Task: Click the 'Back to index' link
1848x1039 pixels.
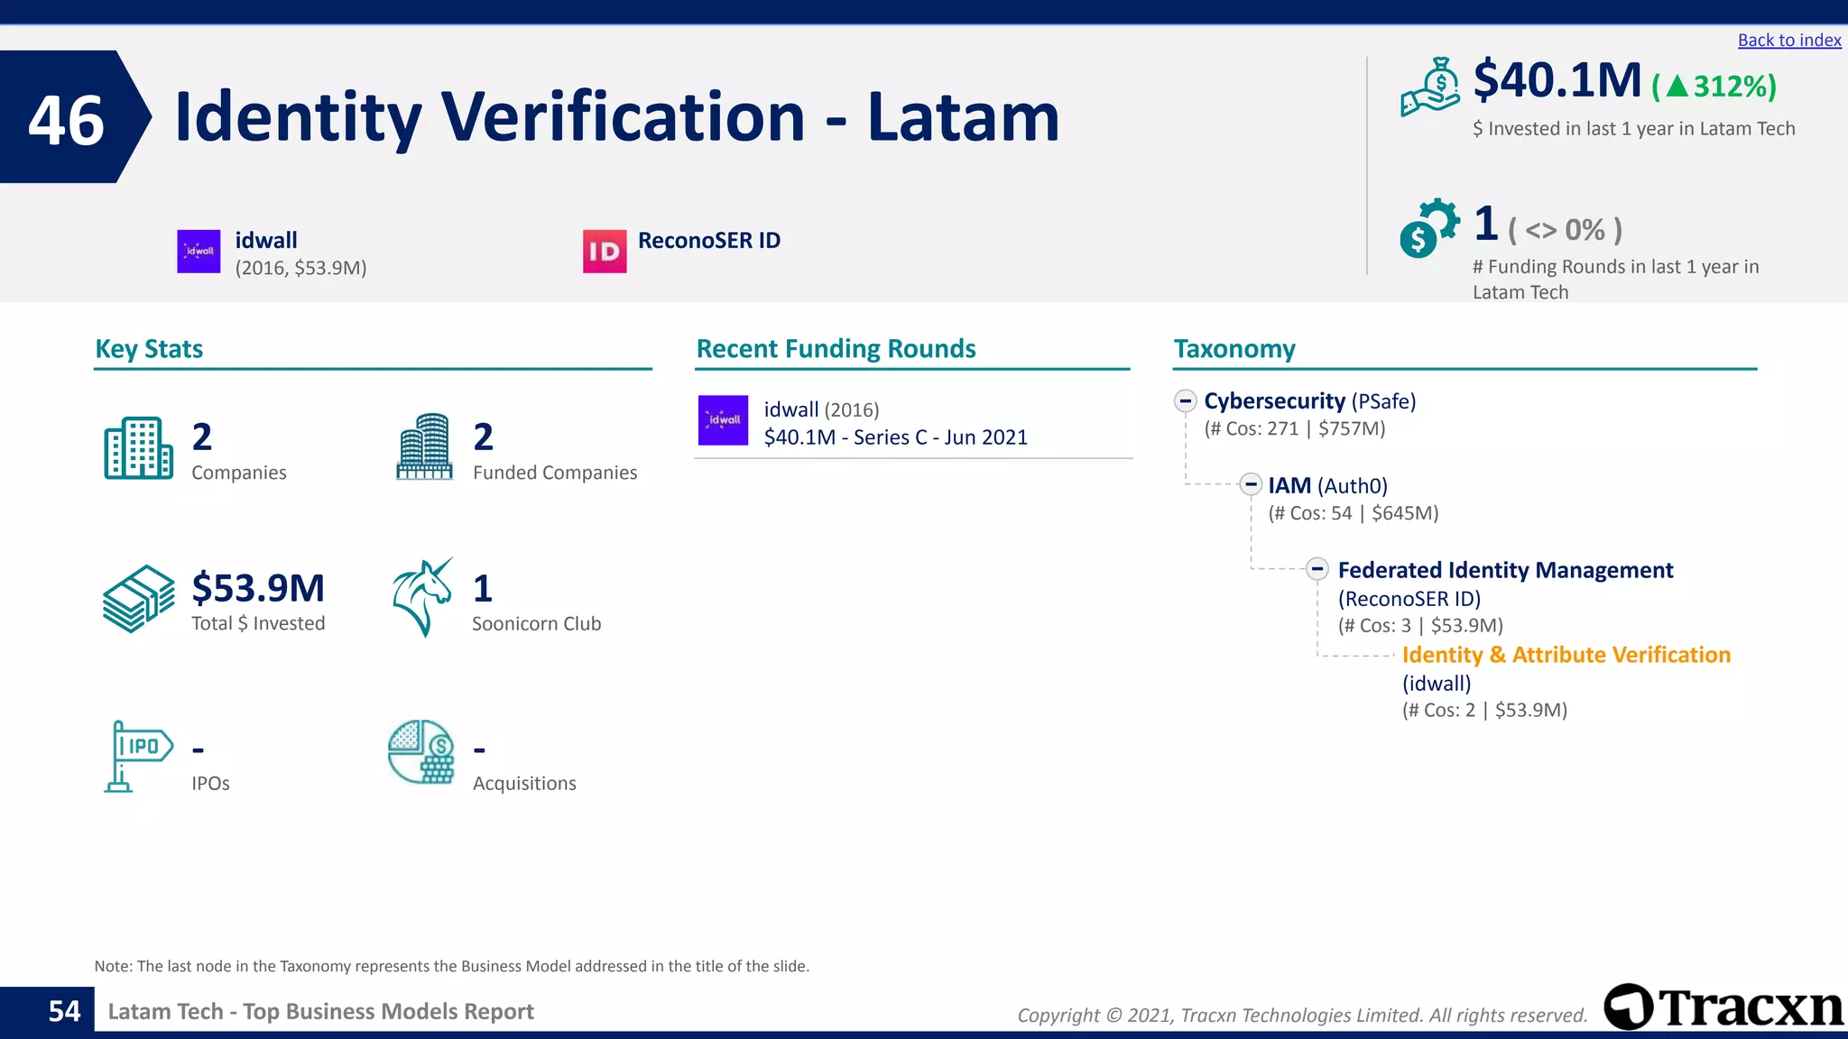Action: click(x=1788, y=41)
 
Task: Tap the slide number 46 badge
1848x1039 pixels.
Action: click(x=67, y=119)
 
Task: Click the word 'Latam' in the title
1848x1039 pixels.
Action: click(x=963, y=117)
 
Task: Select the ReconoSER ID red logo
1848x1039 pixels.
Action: click(x=604, y=252)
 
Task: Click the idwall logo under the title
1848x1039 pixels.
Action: click(x=199, y=251)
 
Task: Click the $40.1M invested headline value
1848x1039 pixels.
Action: click(x=1557, y=81)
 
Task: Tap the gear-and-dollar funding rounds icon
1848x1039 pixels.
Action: click(x=1428, y=228)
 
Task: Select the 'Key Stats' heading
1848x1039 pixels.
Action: click(x=149, y=349)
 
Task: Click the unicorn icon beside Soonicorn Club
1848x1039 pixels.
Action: click(x=421, y=597)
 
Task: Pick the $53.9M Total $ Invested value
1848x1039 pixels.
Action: click(x=258, y=588)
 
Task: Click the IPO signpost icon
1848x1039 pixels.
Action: click(x=137, y=756)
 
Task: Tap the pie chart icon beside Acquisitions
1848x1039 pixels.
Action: click(x=420, y=751)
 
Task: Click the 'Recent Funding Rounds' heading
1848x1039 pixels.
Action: click(x=836, y=349)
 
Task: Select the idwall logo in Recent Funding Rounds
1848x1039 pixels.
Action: click(x=723, y=420)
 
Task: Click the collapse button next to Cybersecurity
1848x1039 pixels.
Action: click(x=1186, y=400)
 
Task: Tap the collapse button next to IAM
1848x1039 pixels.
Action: click(x=1250, y=485)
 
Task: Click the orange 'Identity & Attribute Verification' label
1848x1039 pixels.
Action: click(x=1566, y=655)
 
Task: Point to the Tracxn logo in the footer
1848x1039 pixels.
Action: click(x=1723, y=1007)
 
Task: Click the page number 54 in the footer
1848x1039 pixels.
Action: click(x=64, y=1011)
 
